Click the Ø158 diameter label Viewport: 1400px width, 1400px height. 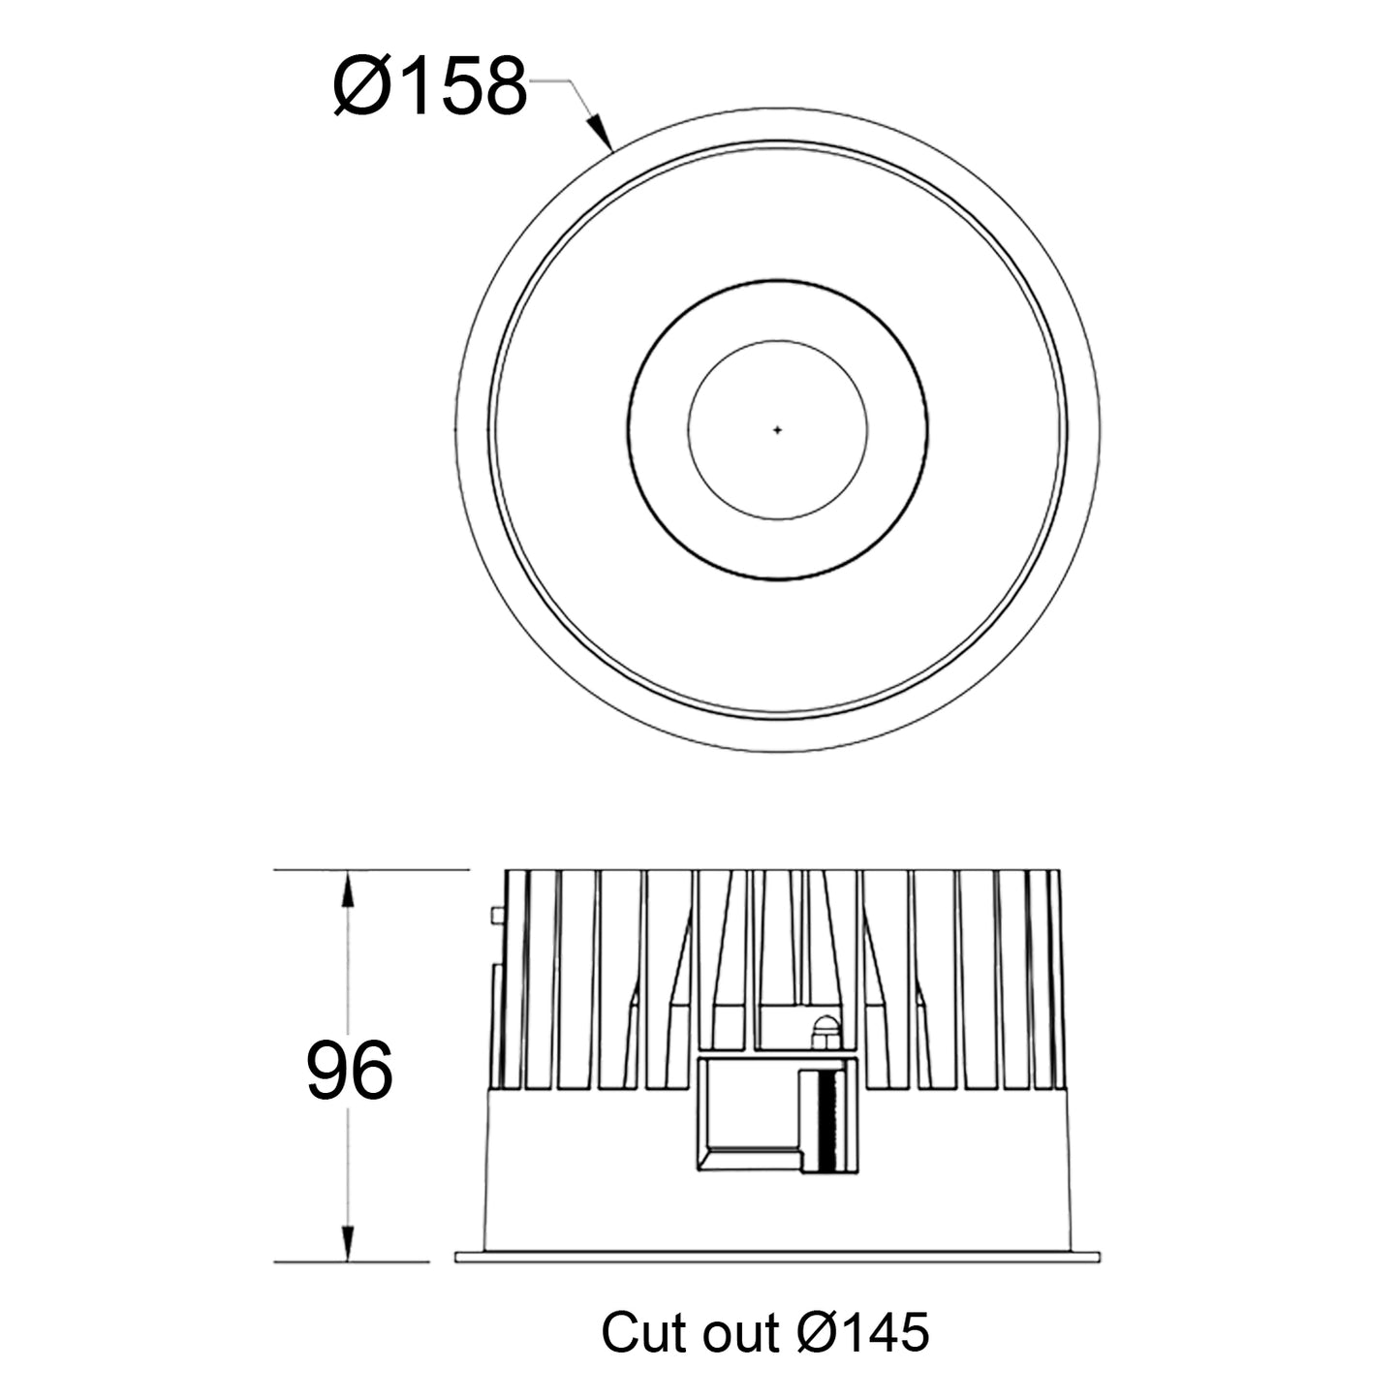[x=429, y=86]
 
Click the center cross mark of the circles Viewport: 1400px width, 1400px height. [x=777, y=430]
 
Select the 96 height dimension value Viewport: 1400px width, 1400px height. [x=350, y=1071]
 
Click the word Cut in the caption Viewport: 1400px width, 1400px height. [x=640, y=1332]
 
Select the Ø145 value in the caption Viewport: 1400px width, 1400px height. [x=863, y=1332]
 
